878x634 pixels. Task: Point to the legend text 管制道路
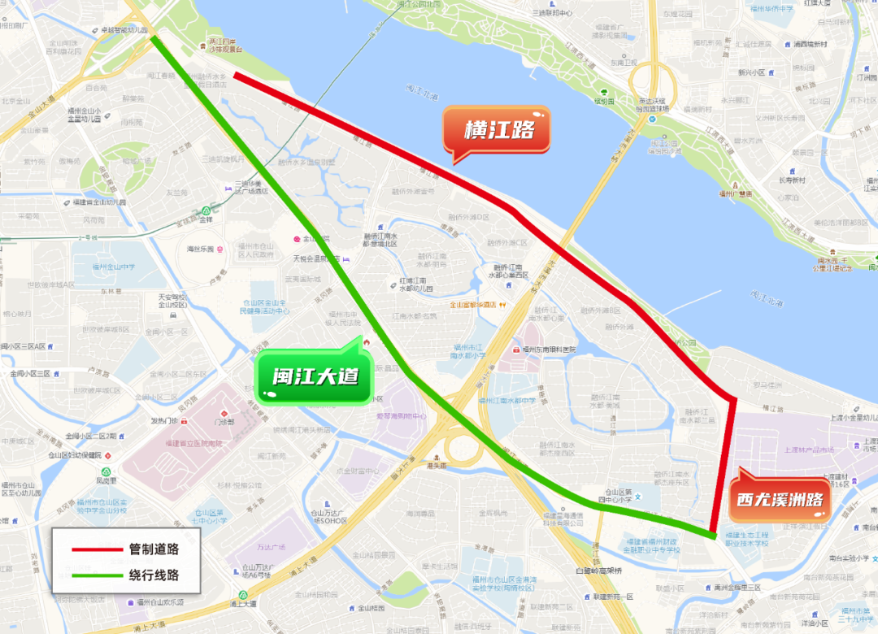154,549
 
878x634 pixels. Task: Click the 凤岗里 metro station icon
106,471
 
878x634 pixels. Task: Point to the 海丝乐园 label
200,249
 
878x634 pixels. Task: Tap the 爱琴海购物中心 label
401,416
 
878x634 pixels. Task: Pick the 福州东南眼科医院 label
549,349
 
